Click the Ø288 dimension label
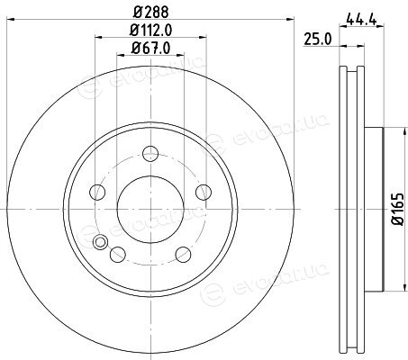tap(150, 12)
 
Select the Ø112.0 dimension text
tap(150, 30)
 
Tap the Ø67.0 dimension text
tap(150, 48)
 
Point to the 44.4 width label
tap(361, 20)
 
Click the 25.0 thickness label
tap(318, 40)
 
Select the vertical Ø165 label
tap(398, 209)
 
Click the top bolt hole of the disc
tap(150, 154)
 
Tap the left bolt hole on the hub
tap(97, 193)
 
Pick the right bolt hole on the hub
tap(204, 193)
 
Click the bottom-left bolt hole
tap(118, 255)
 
